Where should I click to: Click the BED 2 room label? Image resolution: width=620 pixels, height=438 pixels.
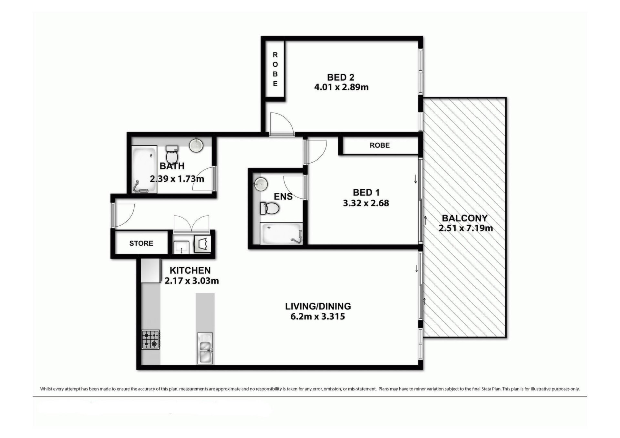[341, 77]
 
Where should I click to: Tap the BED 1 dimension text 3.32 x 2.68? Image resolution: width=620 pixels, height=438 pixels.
[366, 203]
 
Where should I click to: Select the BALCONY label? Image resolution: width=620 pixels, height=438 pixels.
[465, 218]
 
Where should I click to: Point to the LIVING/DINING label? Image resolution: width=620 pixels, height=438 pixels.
[318, 306]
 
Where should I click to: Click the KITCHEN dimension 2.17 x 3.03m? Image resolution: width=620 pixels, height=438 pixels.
[192, 281]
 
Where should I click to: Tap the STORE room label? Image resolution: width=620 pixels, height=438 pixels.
[141, 243]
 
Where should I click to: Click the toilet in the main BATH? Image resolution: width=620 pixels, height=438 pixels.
[172, 154]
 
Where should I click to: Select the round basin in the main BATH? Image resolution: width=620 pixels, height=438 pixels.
[196, 145]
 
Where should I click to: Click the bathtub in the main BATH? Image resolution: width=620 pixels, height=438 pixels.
[144, 169]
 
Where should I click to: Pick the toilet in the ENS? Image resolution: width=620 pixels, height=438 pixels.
[270, 209]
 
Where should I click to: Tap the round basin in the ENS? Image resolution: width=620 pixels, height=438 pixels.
[261, 184]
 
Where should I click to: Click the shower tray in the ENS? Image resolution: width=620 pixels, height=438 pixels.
[281, 233]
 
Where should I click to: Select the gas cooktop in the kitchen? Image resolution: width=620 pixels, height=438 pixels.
[150, 340]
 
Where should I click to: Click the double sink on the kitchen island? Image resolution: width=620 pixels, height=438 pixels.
[205, 348]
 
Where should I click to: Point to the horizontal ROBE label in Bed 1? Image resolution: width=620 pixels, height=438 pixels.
[380, 145]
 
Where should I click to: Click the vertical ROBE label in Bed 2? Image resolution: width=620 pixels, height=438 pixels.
[275, 69]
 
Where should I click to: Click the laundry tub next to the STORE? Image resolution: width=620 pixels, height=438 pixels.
[181, 247]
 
